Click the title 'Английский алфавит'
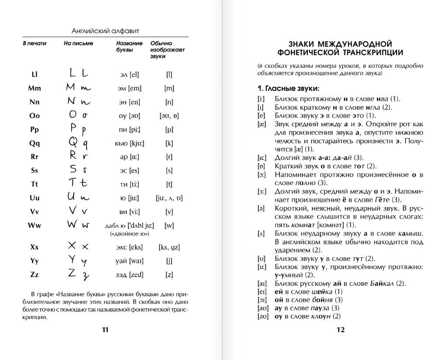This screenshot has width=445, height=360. click(x=105, y=31)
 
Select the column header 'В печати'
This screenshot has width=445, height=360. click(x=35, y=43)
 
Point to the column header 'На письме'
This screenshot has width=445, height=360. click(x=78, y=43)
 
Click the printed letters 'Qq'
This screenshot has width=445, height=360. click(x=35, y=143)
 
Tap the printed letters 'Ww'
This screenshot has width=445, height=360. click(x=35, y=225)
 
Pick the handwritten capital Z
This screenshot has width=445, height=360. click(x=72, y=273)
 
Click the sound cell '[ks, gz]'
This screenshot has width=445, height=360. click(x=169, y=247)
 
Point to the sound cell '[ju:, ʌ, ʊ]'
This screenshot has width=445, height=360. click(x=169, y=198)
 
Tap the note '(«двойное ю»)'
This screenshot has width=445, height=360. click(x=130, y=234)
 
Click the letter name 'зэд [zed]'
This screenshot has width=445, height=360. click(x=130, y=275)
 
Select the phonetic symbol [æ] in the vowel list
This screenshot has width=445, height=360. click(x=262, y=124)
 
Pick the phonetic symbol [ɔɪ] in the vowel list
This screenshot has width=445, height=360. click(x=262, y=300)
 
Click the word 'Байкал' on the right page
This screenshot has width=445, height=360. click(x=381, y=283)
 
